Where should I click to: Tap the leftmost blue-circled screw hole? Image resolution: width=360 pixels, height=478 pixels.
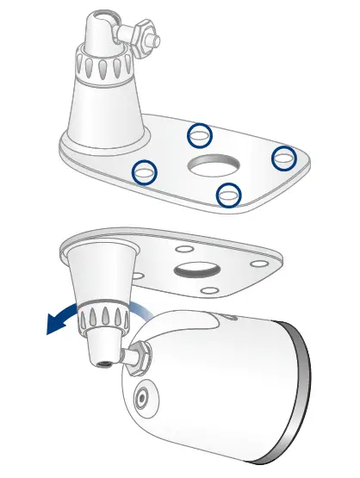click(145, 173)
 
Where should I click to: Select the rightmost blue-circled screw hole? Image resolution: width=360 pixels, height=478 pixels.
click(283, 158)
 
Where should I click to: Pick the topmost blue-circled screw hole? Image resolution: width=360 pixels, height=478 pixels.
click(200, 134)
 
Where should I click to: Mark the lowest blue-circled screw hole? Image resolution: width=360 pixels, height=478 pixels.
click(228, 196)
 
